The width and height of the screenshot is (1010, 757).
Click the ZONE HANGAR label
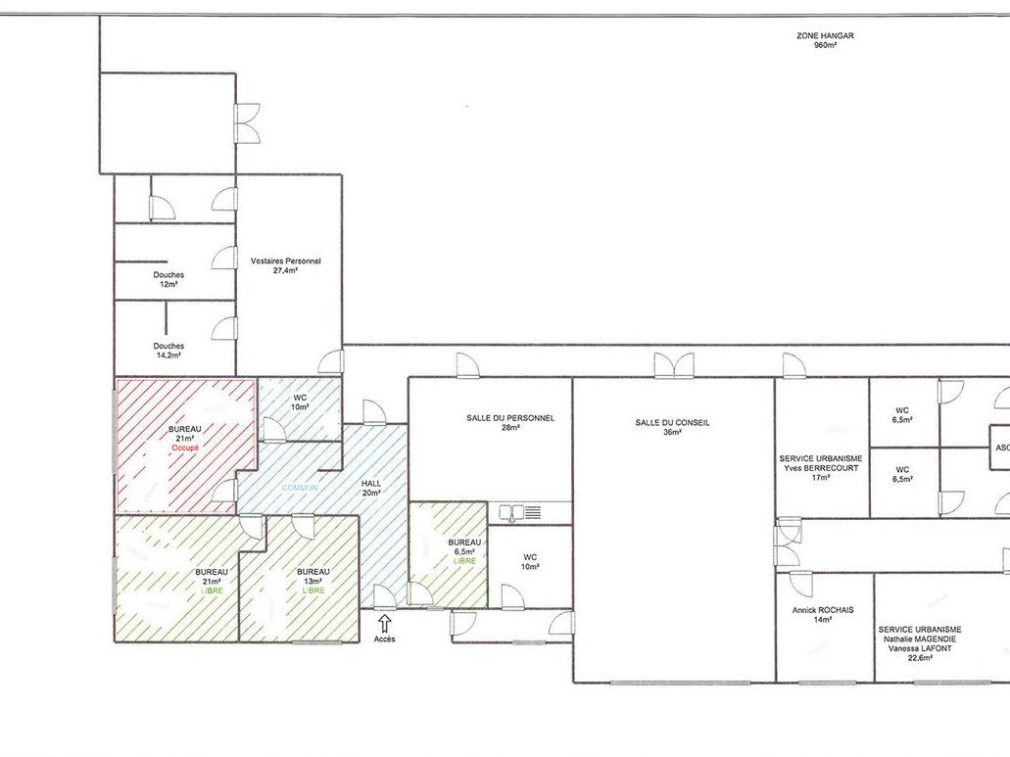[825, 35]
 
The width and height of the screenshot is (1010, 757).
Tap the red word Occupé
[185, 447]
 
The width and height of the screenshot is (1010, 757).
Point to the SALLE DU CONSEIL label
[672, 422]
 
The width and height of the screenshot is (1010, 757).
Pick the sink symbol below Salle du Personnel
[519, 511]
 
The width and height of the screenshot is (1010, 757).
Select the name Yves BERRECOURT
[820, 468]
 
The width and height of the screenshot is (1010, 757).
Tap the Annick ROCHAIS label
[823, 609]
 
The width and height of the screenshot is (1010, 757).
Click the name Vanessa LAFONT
[919, 648]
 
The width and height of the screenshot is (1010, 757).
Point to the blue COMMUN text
[300, 487]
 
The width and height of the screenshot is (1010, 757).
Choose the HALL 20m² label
[371, 487]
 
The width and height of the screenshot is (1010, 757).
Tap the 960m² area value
[824, 46]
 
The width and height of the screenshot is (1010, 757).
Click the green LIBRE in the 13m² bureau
[313, 591]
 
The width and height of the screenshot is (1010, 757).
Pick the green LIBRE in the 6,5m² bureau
[464, 560]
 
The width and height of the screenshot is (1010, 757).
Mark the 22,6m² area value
[919, 659]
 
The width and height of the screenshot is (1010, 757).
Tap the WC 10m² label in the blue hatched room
[300, 402]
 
